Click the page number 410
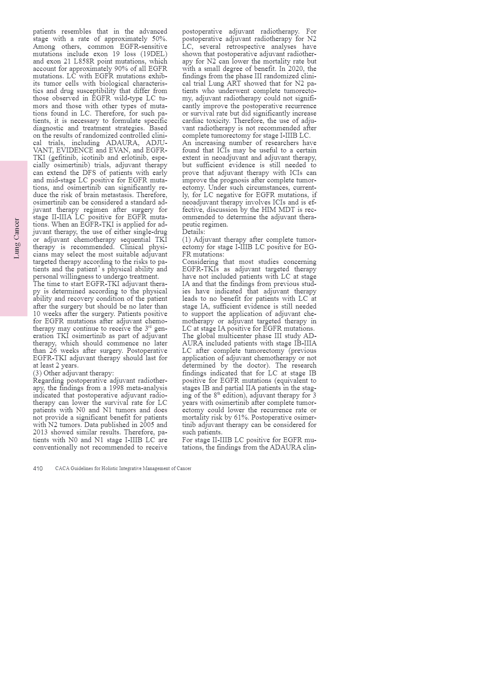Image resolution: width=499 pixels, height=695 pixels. pos(38,468)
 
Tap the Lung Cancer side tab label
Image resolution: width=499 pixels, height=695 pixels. pos(17,238)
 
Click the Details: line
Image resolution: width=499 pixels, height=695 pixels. pos(193,232)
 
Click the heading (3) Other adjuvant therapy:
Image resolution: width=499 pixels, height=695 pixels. pos(73,373)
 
